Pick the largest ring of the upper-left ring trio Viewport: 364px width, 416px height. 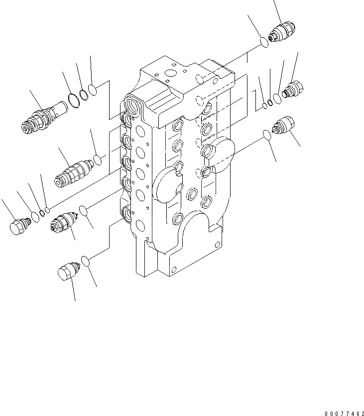click(73, 100)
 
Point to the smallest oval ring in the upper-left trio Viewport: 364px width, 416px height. click(92, 89)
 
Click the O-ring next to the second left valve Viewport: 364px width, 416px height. click(99, 160)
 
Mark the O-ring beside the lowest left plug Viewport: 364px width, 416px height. click(86, 261)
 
